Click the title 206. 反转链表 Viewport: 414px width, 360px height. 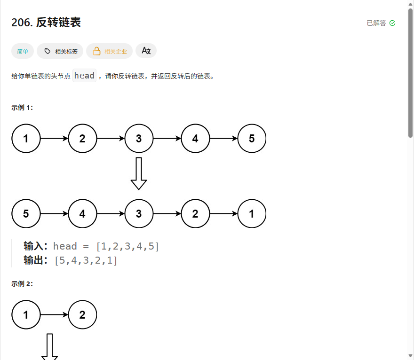[46, 23]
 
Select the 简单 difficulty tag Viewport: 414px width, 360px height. [23, 51]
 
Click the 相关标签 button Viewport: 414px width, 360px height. [60, 51]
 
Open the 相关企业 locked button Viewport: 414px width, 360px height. [110, 51]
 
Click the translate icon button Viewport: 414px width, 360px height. [146, 51]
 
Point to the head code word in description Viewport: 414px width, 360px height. [85, 76]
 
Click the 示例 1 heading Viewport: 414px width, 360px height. [22, 108]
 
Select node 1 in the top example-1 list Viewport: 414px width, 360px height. [26, 139]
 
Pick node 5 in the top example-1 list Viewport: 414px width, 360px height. [252, 139]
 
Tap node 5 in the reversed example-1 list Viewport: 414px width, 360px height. [26, 214]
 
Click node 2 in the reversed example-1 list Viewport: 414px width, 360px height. [195, 214]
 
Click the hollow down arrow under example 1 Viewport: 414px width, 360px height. [139, 173]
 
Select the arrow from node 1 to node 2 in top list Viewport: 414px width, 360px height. [54, 139]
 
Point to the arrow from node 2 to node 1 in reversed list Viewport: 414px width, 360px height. [223, 214]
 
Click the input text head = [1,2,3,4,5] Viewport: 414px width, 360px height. [106, 246]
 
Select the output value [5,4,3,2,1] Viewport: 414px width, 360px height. [86, 260]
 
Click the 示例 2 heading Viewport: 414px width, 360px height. [22, 284]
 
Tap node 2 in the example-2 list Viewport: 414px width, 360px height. [82, 315]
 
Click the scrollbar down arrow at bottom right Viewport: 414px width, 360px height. [411, 356]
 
